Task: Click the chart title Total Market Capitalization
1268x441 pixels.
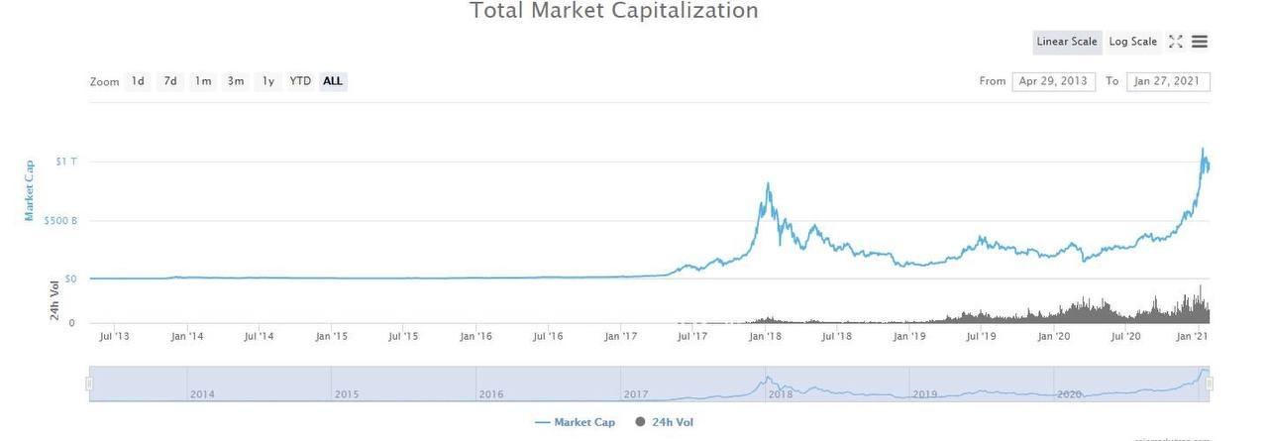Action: (613, 12)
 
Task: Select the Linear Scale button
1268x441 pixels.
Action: (1067, 42)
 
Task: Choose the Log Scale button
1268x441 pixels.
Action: (1132, 42)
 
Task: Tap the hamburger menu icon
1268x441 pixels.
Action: (1200, 42)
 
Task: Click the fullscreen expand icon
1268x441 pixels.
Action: (1176, 42)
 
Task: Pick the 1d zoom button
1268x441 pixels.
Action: (138, 81)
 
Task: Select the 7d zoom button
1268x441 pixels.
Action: (170, 81)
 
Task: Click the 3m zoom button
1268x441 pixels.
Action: (236, 81)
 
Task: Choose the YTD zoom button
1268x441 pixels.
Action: (300, 81)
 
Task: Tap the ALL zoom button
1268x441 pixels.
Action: (333, 81)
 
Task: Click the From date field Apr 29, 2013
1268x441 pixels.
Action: (1053, 81)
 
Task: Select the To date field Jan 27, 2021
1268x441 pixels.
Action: (1168, 81)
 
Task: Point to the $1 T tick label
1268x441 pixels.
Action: (66, 162)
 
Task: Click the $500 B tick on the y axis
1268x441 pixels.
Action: (60, 221)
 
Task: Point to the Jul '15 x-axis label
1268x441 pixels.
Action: (403, 337)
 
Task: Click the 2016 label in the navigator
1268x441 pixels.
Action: (491, 394)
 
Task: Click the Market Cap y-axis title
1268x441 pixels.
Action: (30, 189)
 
